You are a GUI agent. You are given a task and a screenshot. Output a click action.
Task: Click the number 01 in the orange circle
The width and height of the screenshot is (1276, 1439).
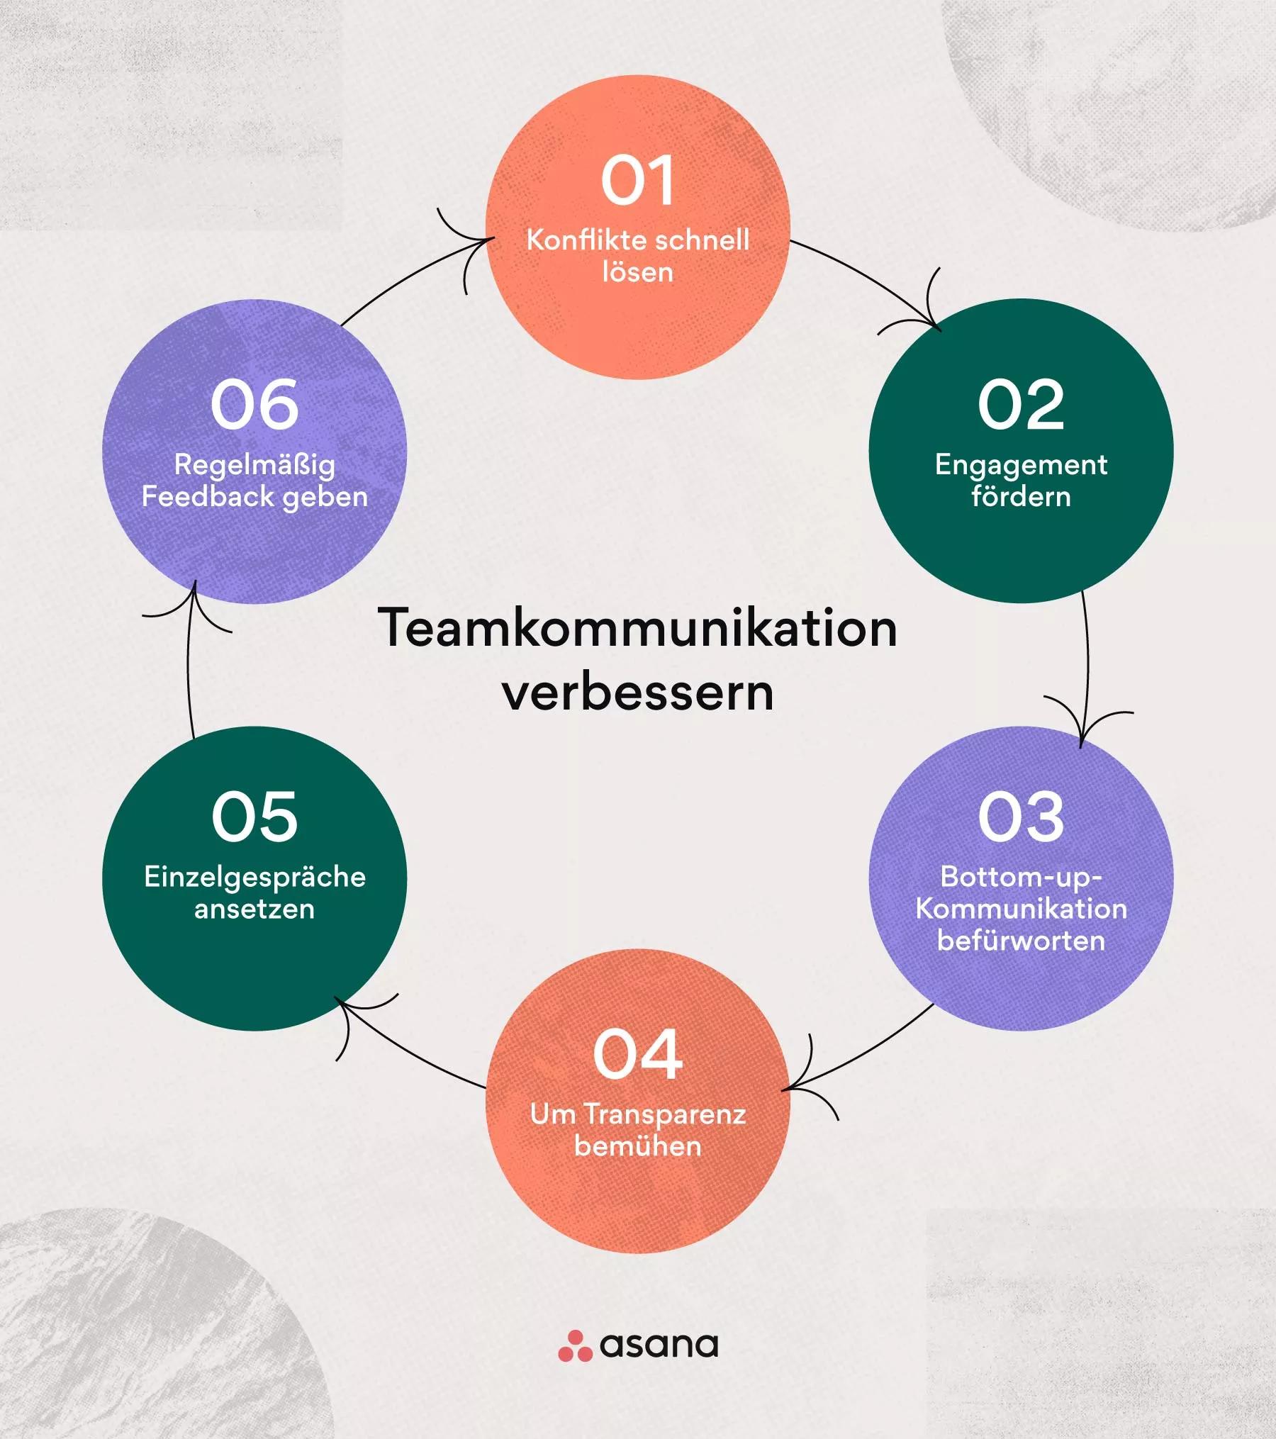637,181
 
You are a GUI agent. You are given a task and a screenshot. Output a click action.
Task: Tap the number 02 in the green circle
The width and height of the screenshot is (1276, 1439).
1021,405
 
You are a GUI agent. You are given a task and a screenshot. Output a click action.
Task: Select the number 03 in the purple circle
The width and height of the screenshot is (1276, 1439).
1021,817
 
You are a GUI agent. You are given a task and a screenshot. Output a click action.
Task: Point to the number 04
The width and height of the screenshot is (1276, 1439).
638,1055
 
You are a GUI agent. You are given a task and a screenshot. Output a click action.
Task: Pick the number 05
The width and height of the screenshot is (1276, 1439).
254,817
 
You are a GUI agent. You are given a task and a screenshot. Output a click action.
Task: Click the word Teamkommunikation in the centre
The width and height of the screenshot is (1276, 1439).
638,628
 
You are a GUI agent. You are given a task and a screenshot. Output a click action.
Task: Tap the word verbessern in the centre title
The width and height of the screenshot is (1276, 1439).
638,693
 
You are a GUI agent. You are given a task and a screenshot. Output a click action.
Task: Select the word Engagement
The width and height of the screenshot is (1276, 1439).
1021,466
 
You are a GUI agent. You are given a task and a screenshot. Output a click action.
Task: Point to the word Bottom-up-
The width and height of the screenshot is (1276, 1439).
1021,878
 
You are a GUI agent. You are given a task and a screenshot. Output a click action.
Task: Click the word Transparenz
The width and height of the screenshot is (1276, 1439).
665,1114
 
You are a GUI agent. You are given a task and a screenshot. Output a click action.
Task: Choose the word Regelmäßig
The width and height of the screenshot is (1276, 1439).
254,466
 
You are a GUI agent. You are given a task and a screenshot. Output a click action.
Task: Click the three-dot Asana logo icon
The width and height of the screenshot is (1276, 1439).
575,1345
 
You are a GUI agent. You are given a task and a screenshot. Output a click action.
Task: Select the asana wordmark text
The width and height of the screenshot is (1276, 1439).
659,1345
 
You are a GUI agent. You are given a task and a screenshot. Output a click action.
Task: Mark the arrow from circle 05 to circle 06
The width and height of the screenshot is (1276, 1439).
189,659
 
